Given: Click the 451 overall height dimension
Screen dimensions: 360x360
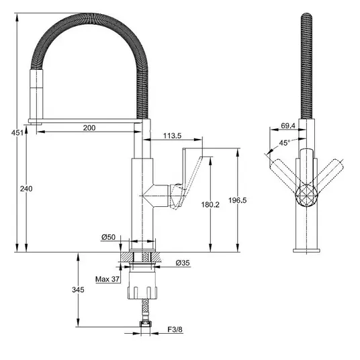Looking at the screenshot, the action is coord(17,133).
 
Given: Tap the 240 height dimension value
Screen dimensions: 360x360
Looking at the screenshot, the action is coord(26,189).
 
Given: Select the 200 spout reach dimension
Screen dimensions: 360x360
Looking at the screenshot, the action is coord(89,128).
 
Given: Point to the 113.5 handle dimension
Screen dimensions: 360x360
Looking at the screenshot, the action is coord(172,136).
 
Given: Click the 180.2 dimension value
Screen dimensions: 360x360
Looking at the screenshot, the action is coord(210,204).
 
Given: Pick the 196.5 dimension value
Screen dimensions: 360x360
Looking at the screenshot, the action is coord(237,200).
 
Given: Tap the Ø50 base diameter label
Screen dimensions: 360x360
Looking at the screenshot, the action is coord(108,237).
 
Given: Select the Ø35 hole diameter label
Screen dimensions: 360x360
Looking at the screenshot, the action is coord(183,263).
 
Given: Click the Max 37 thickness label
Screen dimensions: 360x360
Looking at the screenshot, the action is coord(107,279).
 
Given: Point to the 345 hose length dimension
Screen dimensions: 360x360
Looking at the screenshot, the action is coord(78,289).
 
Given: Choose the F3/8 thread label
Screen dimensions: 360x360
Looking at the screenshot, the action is coord(175,330).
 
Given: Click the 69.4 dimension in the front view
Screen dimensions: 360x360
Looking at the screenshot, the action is coord(288,126).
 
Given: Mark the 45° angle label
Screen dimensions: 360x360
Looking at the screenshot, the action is coord(285,142).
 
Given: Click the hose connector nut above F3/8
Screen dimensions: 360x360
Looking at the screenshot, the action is coord(145,324).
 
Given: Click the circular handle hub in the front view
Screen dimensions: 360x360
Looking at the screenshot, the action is coord(306,195).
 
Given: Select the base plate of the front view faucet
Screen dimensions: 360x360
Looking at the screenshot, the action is coord(306,251).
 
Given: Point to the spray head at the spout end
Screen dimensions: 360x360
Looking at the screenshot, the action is coord(36,97).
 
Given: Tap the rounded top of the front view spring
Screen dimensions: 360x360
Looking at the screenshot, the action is coord(306,17).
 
